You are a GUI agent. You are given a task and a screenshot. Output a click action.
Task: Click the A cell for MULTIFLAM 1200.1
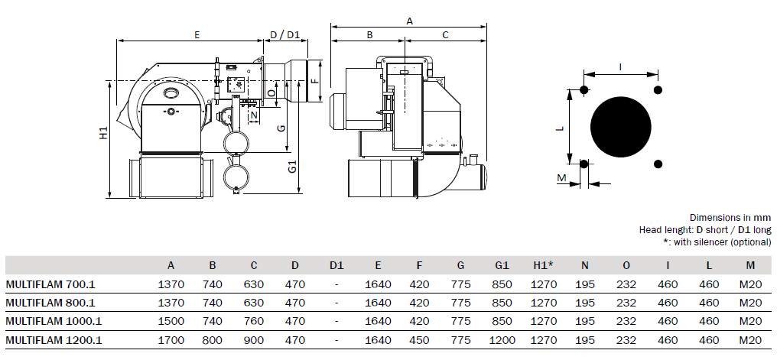point(171,340)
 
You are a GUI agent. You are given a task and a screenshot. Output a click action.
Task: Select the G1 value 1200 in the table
point(502,340)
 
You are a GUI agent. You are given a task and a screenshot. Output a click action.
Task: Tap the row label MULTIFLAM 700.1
point(50,285)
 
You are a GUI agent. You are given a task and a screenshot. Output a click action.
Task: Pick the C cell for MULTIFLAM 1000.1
point(254,321)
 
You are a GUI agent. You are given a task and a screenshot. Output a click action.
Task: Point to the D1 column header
point(336,265)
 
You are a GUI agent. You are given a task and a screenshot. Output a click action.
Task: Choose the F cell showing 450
point(419,340)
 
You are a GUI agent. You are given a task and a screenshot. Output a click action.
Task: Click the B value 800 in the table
point(213,340)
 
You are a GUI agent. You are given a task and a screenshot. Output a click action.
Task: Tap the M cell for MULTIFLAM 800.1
point(750,303)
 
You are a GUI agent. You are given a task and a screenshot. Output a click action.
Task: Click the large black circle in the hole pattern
point(621,127)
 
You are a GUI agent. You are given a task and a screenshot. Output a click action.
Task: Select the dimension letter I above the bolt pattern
point(621,67)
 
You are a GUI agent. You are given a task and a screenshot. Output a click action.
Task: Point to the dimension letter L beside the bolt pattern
point(561,128)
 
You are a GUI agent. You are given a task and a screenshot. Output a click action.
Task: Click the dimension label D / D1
point(285,34)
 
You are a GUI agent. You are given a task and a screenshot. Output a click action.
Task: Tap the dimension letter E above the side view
point(197,34)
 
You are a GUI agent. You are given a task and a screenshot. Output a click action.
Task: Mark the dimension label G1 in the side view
point(294,167)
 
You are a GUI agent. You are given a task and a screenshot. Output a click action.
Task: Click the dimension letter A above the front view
point(409,21)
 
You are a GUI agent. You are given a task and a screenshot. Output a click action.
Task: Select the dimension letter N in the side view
point(254,116)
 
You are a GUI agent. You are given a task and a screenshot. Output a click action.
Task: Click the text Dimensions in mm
point(730,217)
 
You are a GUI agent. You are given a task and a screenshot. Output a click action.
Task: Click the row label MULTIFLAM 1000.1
point(54,321)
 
